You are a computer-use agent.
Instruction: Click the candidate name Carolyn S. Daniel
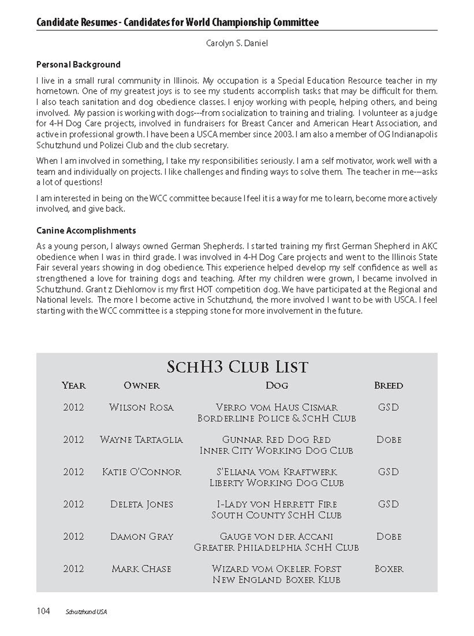(x=237, y=43)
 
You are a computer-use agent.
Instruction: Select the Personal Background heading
(x=78, y=64)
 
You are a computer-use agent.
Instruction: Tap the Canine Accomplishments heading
(x=86, y=230)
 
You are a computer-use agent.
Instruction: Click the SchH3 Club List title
(x=237, y=367)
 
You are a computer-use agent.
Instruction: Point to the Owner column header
(x=141, y=385)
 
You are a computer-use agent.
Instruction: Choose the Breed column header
(x=388, y=385)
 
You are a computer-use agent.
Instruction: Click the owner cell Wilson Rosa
(x=141, y=407)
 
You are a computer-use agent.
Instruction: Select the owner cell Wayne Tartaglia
(x=141, y=440)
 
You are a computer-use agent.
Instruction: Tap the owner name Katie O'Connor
(x=141, y=472)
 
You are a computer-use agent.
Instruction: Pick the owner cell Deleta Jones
(x=141, y=504)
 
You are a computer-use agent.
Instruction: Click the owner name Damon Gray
(x=141, y=536)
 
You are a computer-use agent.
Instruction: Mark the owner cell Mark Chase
(x=141, y=569)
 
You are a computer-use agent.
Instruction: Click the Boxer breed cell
(x=389, y=569)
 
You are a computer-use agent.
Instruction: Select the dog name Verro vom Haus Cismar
(x=277, y=407)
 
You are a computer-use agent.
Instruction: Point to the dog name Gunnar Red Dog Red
(x=277, y=440)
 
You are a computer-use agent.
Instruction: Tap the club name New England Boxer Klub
(x=277, y=580)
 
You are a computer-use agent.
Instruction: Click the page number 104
(x=43, y=611)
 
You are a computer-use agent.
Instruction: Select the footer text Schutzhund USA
(x=86, y=612)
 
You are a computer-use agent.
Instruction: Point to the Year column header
(x=74, y=385)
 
